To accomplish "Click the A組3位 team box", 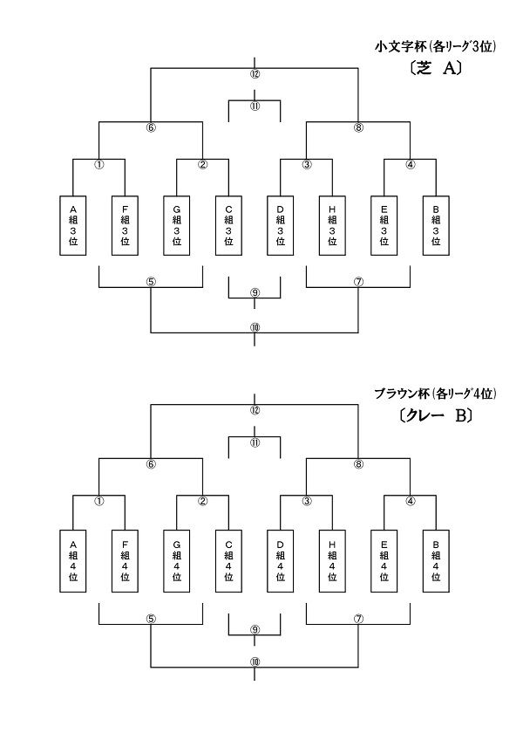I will [73, 224].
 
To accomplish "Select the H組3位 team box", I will [332, 224].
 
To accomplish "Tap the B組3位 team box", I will [436, 224].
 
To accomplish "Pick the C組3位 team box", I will [228, 224].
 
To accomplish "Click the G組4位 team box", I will [177, 561].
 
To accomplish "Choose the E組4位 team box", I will [384, 561].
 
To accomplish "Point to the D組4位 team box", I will [281, 561].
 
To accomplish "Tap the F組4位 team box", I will [125, 561].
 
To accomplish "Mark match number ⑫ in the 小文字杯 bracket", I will [255, 73].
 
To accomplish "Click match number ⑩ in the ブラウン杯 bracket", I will [255, 662].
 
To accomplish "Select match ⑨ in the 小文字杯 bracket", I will [255, 291].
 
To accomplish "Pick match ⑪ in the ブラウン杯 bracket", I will [255, 442].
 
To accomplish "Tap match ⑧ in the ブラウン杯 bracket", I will [358, 464].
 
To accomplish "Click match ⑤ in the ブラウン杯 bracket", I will [151, 618].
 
